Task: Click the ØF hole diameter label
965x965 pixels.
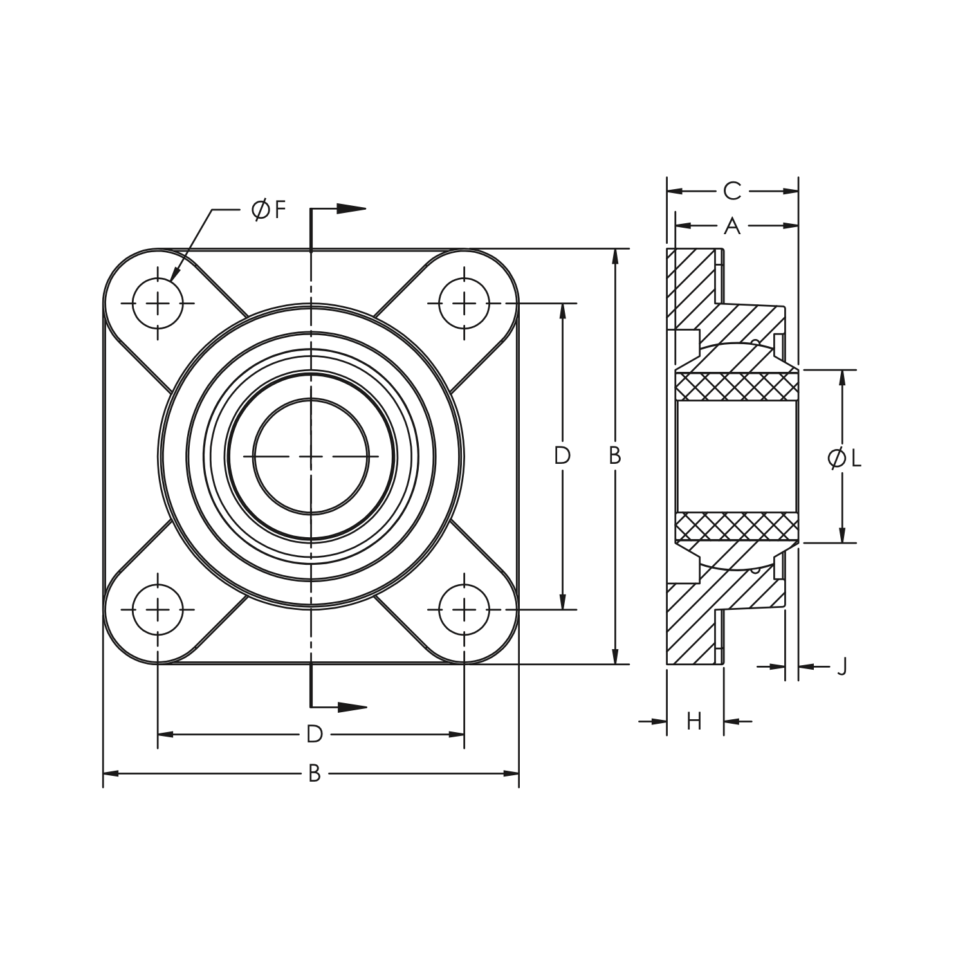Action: click(268, 210)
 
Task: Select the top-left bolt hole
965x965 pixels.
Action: click(158, 303)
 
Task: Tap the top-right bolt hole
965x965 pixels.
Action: click(464, 303)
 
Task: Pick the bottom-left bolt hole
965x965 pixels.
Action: click(158, 609)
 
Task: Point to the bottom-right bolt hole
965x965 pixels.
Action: click(464, 609)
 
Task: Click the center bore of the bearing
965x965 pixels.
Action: click(311, 456)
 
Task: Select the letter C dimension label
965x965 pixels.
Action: click(732, 191)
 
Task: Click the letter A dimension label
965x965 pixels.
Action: click(732, 226)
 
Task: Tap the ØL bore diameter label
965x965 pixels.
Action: click(844, 459)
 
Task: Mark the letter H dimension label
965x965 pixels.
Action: click(694, 722)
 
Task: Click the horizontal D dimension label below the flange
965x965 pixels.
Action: click(314, 734)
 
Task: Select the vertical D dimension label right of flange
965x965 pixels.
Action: click(562, 456)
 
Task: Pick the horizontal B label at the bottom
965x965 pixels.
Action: click(314, 773)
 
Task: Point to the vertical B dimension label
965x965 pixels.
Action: click(615, 456)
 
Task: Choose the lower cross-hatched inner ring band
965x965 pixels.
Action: click(736, 527)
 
